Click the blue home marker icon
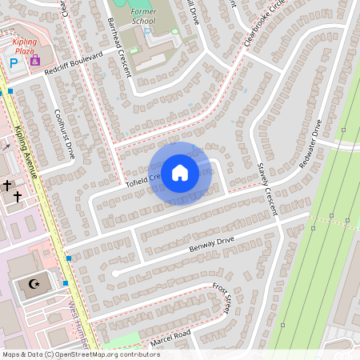(180, 172)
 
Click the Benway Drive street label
(211, 243)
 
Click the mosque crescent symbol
(33, 285)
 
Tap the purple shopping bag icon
(34, 60)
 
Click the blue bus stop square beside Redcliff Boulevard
(10, 92)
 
